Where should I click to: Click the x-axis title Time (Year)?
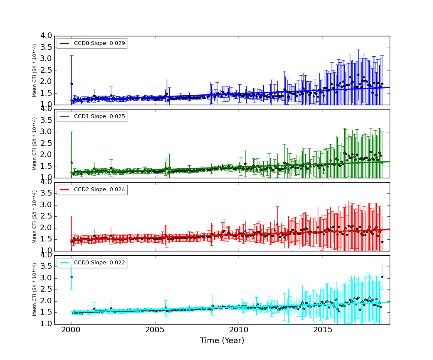click(x=222, y=341)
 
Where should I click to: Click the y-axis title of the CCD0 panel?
click(x=35, y=70)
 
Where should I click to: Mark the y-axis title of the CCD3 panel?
click(x=35, y=289)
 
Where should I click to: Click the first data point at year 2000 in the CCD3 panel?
click(x=71, y=277)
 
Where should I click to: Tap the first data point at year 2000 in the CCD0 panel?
click(x=71, y=84)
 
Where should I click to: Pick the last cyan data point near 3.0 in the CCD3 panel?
click(x=382, y=277)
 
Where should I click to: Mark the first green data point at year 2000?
click(x=71, y=162)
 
